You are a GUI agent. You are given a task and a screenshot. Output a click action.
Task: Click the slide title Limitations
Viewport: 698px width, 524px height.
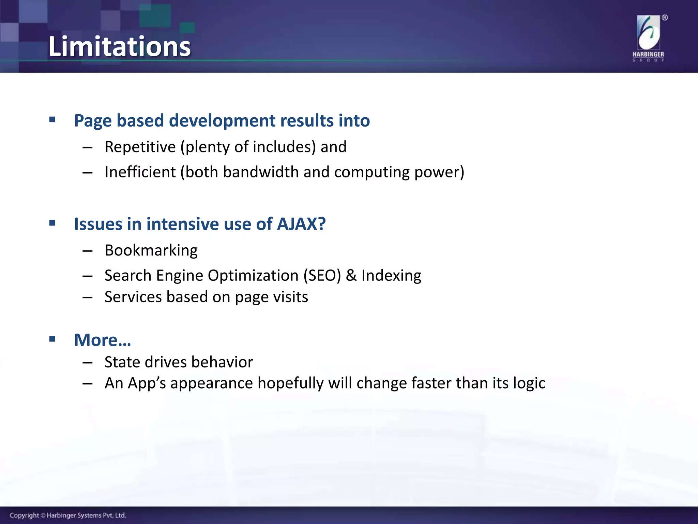pyautogui.click(x=119, y=46)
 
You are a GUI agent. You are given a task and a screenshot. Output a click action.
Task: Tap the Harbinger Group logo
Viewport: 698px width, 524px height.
pyautogui.click(x=648, y=38)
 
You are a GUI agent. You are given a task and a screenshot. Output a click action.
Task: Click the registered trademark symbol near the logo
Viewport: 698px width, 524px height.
pyautogui.click(x=665, y=18)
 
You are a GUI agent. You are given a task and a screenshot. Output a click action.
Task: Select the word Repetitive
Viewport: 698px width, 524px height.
pyautogui.click(x=140, y=147)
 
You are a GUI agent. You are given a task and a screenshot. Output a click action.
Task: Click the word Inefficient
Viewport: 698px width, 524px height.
pyautogui.click(x=140, y=172)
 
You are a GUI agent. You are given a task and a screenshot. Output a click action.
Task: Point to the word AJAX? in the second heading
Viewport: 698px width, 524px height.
pyautogui.click(x=301, y=224)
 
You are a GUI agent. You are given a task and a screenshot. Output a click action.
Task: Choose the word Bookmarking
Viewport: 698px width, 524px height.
pyautogui.click(x=151, y=250)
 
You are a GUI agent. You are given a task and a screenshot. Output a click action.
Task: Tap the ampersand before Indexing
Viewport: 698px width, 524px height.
pyautogui.click(x=351, y=276)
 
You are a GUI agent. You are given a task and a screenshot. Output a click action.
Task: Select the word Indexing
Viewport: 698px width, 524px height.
pyautogui.click(x=391, y=276)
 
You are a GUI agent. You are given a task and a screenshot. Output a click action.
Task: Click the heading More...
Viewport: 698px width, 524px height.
pyautogui.click(x=102, y=340)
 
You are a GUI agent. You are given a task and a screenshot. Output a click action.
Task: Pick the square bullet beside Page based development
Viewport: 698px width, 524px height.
pyautogui.click(x=52, y=120)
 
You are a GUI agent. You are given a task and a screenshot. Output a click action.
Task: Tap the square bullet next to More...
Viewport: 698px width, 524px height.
pyautogui.click(x=52, y=339)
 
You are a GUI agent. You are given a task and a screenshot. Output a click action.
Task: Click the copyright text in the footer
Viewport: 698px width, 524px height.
pyautogui.click(x=68, y=515)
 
